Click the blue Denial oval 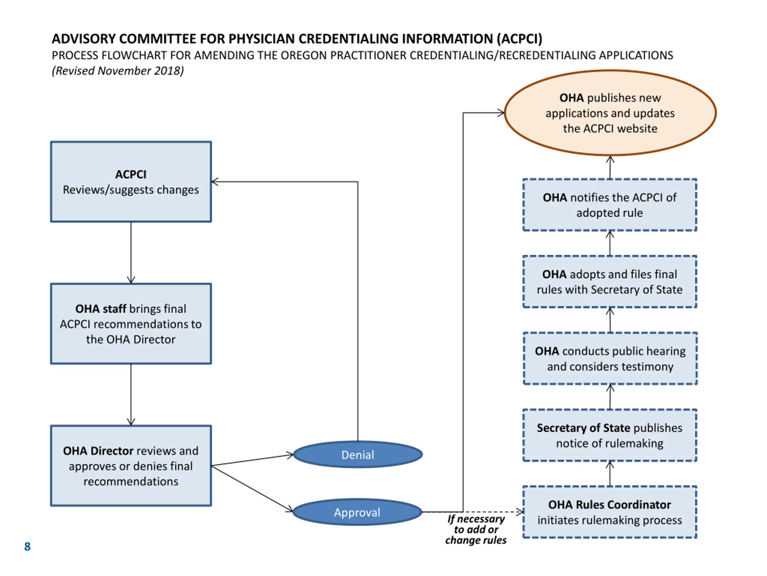pos(358,454)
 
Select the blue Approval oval pos(357,512)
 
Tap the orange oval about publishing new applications pos(610,113)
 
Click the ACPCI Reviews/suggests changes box pos(131,181)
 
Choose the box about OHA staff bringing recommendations pos(131,324)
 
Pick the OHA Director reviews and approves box pos(131,466)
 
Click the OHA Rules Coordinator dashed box pos(610,512)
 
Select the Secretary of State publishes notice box pos(610,435)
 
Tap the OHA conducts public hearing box pos(610,359)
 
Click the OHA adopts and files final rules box pos(610,282)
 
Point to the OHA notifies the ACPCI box pos(610,205)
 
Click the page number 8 pos(27,547)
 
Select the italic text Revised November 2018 pos(118,71)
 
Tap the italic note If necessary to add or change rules pos(476,529)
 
